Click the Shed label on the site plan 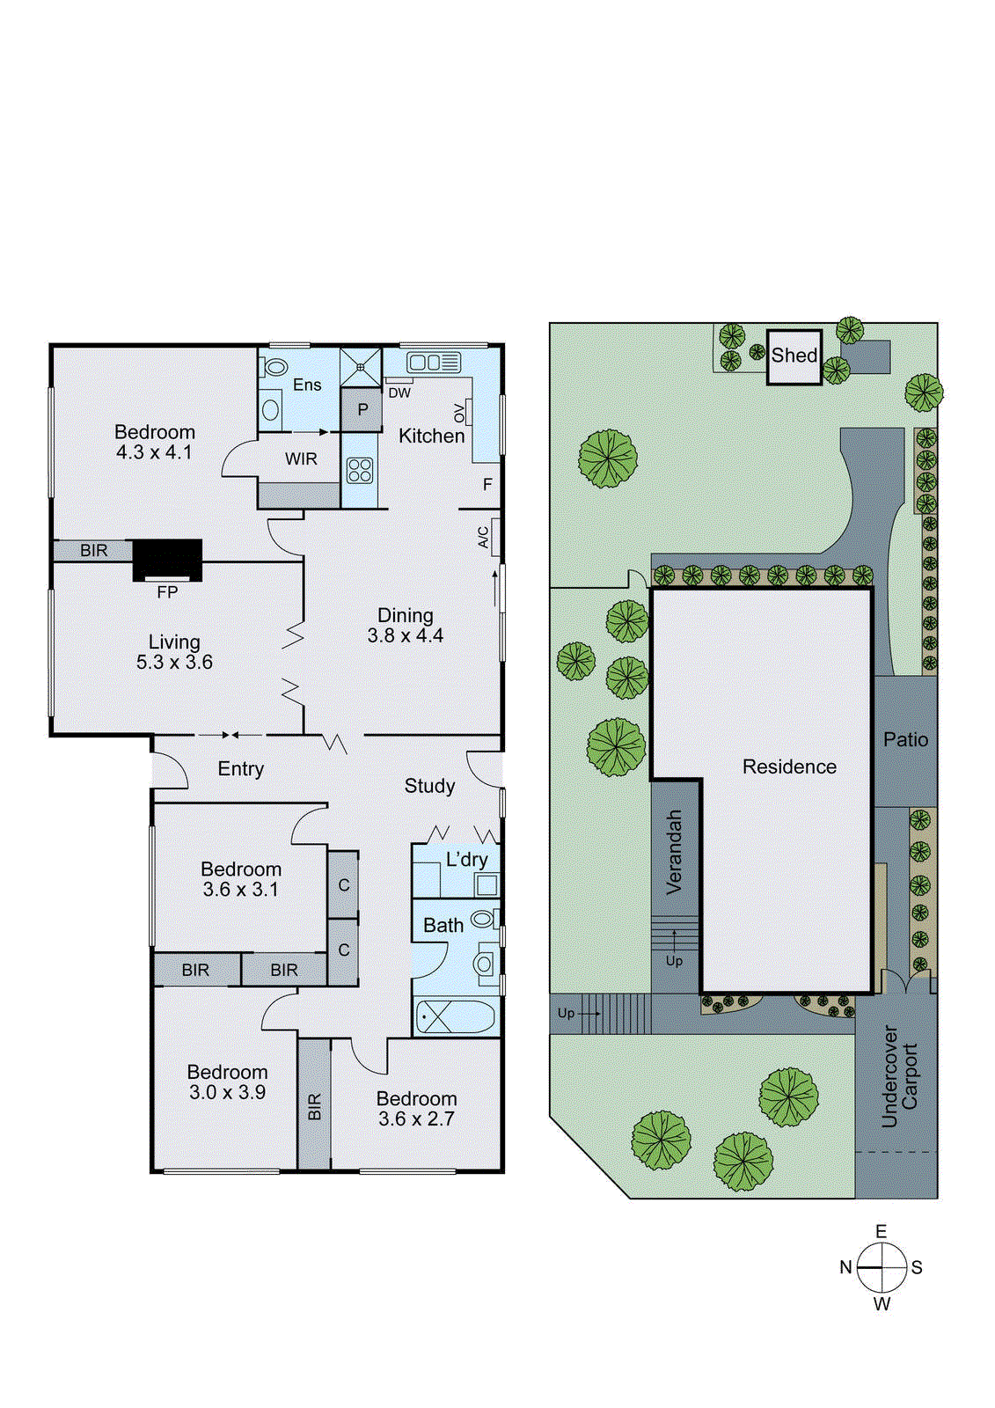pos(794,356)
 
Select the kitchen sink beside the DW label pos(433,362)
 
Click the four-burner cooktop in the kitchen pos(360,471)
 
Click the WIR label pos(301,459)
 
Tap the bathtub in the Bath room pos(455,1016)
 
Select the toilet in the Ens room pos(275,368)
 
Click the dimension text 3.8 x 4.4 pos(406,636)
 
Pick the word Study pos(429,786)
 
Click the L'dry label pos(466,860)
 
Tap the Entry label pos(240,769)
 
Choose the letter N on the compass pos(845,1268)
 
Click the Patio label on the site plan pos(905,740)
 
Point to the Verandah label pos(675,852)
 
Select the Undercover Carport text pos(899,1076)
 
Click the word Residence pos(789,767)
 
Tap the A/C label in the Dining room pos(483,537)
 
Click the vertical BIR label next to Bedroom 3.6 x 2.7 pos(314,1106)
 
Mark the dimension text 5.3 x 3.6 pos(174,663)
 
